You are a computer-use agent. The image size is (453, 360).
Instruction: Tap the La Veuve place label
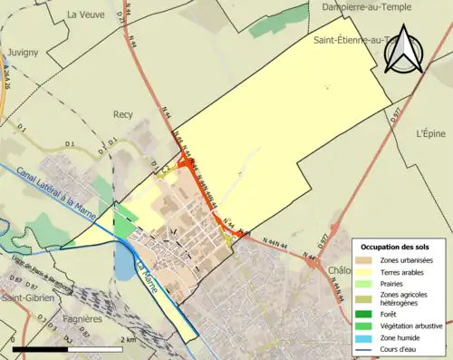[x=86, y=15]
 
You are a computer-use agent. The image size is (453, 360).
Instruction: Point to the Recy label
[x=123, y=115]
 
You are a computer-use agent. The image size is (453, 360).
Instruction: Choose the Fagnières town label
[x=84, y=320]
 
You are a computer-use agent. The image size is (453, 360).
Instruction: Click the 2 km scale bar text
[x=129, y=338]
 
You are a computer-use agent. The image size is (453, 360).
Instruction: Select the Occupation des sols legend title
[x=397, y=247]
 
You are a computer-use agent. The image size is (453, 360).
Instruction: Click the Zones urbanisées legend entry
[x=408, y=261]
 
